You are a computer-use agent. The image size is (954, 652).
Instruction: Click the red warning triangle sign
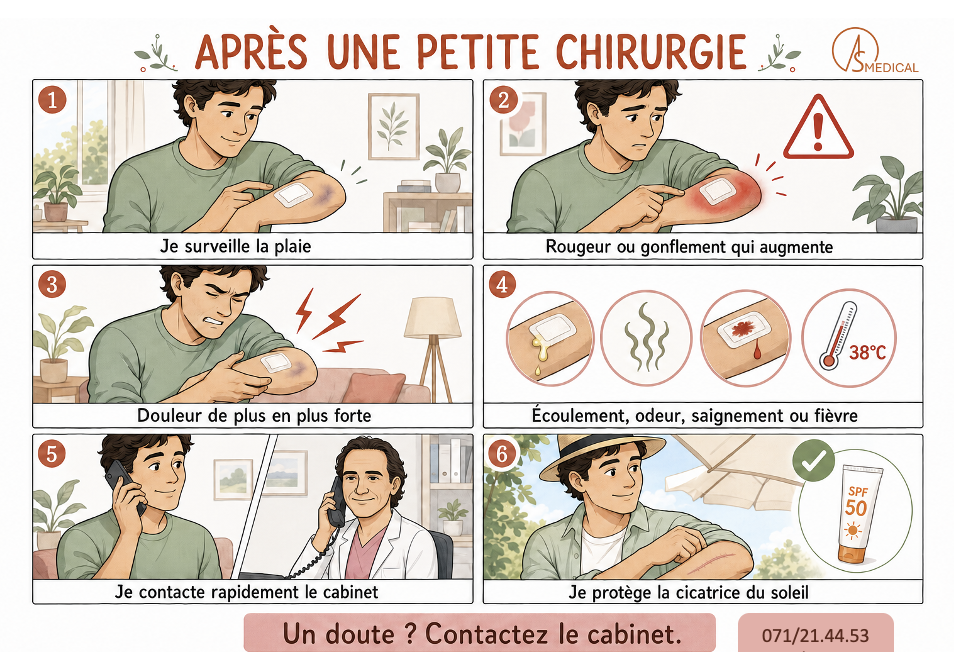pos(818,128)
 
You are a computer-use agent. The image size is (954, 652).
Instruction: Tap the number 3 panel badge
pos(52,285)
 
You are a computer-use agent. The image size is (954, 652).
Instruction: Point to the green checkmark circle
pos(813,462)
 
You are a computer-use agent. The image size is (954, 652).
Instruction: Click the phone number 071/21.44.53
pos(815,636)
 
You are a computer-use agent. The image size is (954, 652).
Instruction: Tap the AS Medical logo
pos(875,51)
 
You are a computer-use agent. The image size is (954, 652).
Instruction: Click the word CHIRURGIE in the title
pos(651,51)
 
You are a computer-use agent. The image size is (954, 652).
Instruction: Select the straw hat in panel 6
pos(602,456)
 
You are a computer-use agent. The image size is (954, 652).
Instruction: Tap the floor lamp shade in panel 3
pos(433,317)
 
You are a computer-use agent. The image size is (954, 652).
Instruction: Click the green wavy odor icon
pos(646,338)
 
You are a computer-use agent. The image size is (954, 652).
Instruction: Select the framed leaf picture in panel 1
pos(394,126)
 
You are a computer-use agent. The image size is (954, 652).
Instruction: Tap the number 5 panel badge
pos(52,454)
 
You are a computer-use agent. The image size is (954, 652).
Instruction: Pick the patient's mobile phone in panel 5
pos(124,485)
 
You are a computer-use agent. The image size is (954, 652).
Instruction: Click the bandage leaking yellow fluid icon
pos(550,338)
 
